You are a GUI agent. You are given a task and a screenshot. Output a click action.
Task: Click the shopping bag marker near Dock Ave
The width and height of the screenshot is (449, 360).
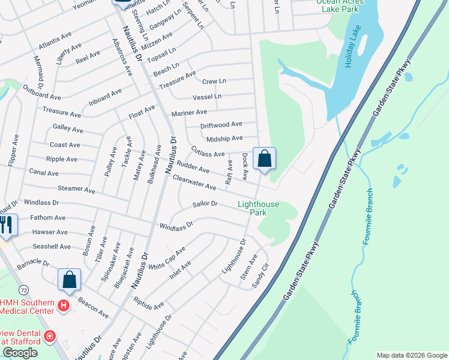pos(264,160)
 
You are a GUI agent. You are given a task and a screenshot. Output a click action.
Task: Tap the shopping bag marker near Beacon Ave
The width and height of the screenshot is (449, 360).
pos(70,280)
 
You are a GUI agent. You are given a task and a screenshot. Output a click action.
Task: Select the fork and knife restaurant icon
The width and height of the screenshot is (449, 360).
pos(6,224)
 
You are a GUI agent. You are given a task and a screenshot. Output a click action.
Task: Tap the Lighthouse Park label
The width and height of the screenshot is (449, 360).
pos(258,208)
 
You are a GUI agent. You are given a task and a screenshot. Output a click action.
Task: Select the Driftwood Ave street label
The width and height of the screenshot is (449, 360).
pos(221,125)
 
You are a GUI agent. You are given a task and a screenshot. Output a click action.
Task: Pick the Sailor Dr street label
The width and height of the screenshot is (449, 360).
pos(205,204)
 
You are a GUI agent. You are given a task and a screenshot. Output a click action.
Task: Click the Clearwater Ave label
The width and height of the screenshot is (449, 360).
pos(194,182)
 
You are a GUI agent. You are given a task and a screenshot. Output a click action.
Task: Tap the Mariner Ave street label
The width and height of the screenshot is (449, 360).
pos(189,112)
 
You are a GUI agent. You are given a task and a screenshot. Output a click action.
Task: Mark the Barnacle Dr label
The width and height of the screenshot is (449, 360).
pos(33,263)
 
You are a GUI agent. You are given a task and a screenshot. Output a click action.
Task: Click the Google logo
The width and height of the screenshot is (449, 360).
pos(20,353)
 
